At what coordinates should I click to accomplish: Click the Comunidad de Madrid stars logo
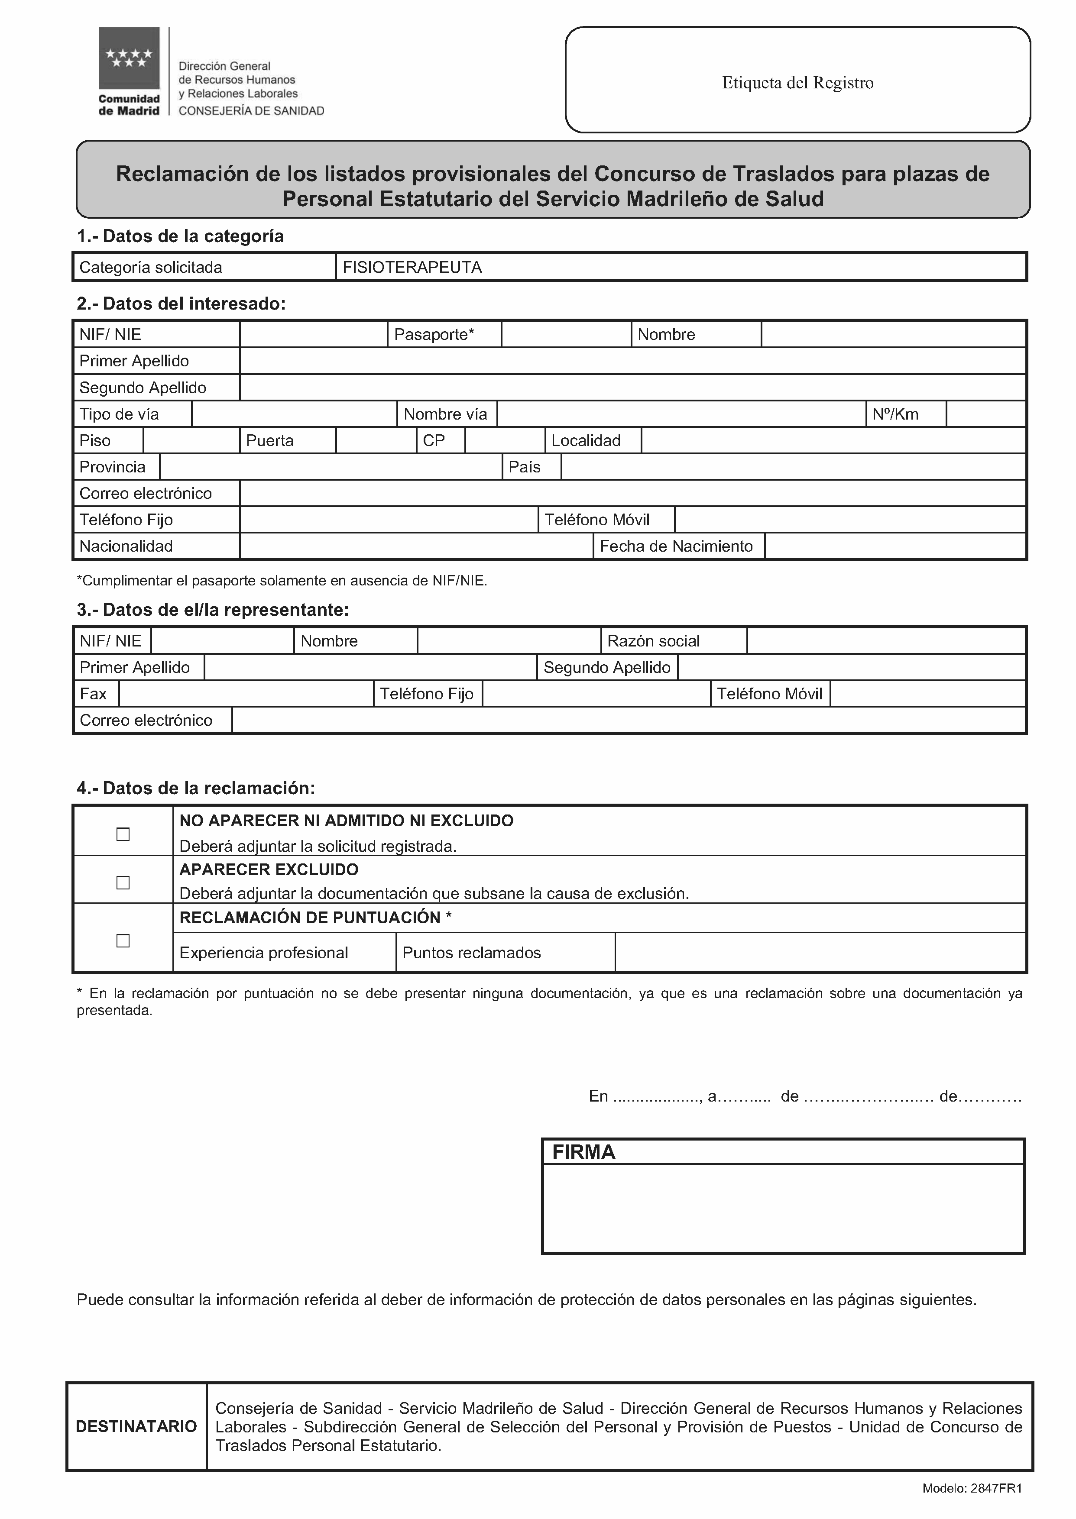(x=129, y=58)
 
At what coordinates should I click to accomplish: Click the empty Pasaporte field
(x=566, y=334)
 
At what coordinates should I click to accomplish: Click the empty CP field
(x=505, y=440)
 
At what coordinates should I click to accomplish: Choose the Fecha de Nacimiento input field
(x=895, y=546)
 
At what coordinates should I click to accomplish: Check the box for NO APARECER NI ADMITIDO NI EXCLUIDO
(x=123, y=834)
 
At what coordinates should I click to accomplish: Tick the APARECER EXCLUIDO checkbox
(x=123, y=882)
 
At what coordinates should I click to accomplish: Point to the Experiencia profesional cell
(x=264, y=953)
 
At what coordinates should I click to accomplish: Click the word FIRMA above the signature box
(x=584, y=1152)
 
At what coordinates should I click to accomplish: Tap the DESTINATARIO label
(x=136, y=1426)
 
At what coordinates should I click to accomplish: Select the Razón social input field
(x=886, y=641)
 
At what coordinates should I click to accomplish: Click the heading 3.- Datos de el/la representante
(x=213, y=610)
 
